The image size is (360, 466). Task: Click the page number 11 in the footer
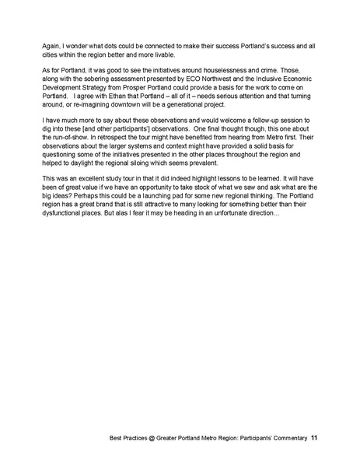coord(314,439)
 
